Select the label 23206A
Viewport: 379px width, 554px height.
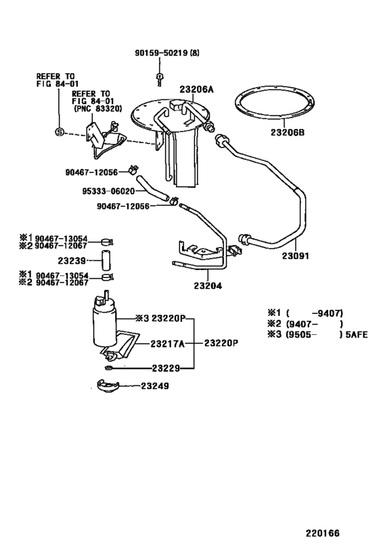(196, 89)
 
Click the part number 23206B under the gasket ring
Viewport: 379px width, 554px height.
(289, 133)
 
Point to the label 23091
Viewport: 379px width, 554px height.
(296, 257)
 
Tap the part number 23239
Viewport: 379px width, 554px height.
(71, 259)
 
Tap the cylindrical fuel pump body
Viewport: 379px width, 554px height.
(105, 325)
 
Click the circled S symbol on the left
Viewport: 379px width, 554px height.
(60, 131)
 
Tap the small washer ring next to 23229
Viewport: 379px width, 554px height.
(110, 368)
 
